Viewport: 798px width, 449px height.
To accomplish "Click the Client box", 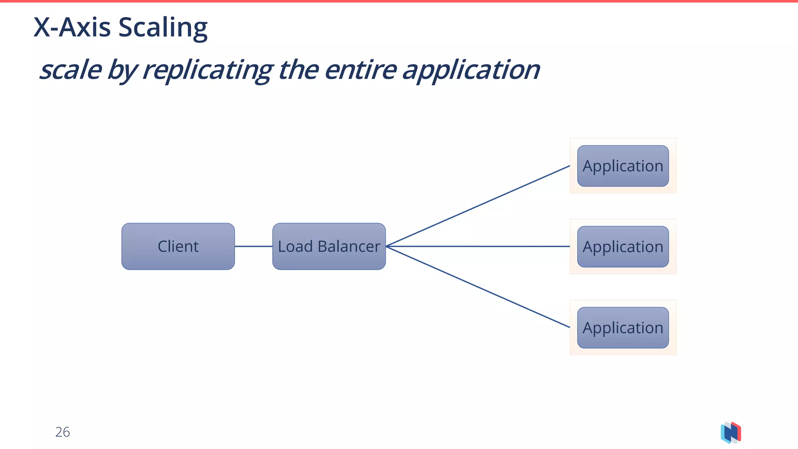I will [178, 246].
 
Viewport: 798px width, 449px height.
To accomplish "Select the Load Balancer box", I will [329, 246].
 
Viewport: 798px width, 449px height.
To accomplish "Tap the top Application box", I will [623, 166].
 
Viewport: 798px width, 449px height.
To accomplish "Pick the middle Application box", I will [623, 247].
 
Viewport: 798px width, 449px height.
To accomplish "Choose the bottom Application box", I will [623, 328].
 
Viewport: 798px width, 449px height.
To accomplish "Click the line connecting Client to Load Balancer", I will [253, 246].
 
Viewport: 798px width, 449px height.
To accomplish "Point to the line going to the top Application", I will [478, 206].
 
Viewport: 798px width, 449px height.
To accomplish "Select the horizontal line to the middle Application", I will [478, 246].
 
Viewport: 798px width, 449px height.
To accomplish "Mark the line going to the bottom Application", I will [478, 287].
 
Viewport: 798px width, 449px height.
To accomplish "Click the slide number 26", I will [62, 432].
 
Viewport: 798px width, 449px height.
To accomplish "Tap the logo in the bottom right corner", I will [731, 433].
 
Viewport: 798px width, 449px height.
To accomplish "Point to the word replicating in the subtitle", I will [208, 70].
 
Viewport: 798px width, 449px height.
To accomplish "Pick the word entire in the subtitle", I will [360, 70].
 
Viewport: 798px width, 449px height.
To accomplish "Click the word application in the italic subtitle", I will [471, 70].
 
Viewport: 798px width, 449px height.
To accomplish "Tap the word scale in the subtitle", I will [71, 70].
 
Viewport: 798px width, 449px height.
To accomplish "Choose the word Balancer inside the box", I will [349, 246].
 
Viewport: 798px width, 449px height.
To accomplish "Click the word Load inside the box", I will [295, 246].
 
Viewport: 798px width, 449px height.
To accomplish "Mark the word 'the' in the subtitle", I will [298, 70].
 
